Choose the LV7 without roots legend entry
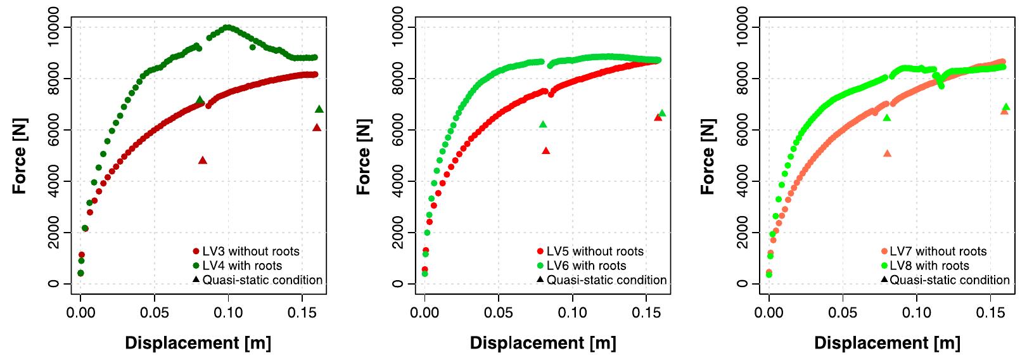938,252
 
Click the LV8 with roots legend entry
929,266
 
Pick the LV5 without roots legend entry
594,252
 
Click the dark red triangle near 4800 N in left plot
203,160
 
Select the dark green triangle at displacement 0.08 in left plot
200,100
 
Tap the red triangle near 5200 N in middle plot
546,151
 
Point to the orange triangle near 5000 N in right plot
887,153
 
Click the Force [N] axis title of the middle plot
364,153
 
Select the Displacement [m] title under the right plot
887,344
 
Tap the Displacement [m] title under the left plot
198,344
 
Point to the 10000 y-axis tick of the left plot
56,27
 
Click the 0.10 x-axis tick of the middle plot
572,312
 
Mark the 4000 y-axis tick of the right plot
744,181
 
